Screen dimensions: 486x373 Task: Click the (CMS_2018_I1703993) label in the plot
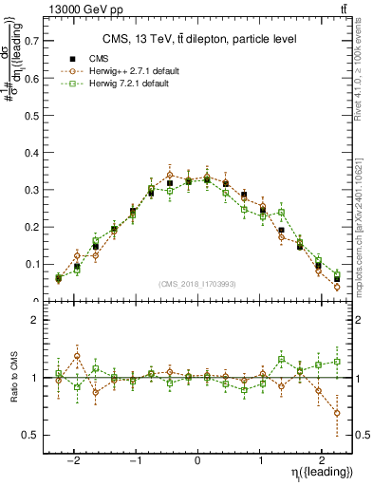pos(197,284)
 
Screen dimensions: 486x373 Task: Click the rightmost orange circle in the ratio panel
pos(337,413)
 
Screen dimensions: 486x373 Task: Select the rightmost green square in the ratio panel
pos(337,362)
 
